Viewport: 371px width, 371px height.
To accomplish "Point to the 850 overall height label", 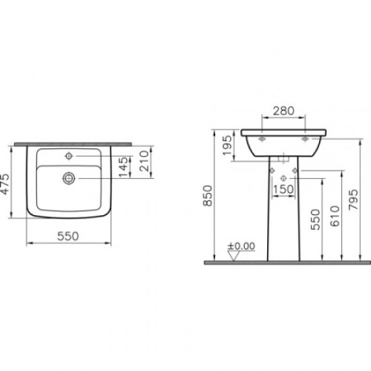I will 208,195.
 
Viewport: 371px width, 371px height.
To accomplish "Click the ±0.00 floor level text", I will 243,246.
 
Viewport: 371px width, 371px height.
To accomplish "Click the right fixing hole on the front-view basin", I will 305,140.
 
